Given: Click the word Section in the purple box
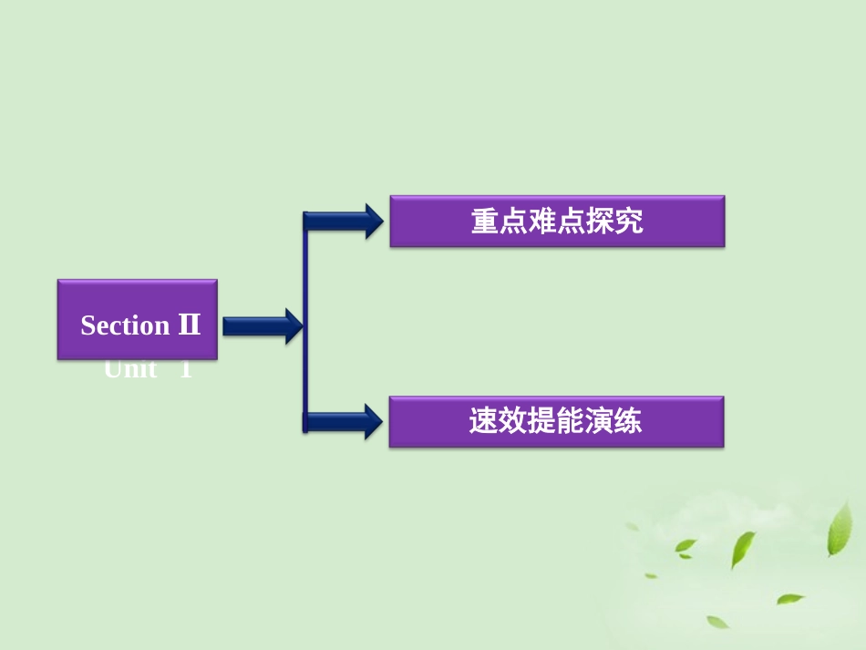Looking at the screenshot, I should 125,325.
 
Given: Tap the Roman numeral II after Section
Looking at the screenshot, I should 189,325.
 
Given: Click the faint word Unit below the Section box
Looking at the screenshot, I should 130,370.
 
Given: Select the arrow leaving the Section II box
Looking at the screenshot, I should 262,325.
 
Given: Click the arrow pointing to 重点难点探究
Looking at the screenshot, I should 343,222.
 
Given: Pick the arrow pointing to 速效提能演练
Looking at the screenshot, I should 343,422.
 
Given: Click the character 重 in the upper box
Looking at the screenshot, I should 485,222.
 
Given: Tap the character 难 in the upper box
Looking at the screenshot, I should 542,222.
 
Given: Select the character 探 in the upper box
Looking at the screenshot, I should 600,222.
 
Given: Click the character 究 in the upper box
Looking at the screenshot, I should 629,222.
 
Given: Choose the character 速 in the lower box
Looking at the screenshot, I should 483,421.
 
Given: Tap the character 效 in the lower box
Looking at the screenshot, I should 512,421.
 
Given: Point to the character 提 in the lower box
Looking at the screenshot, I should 541,421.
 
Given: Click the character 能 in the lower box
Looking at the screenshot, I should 571,421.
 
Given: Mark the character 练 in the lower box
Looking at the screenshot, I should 628,421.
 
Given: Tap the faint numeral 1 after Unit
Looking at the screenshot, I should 186,370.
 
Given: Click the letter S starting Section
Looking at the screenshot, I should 88,325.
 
